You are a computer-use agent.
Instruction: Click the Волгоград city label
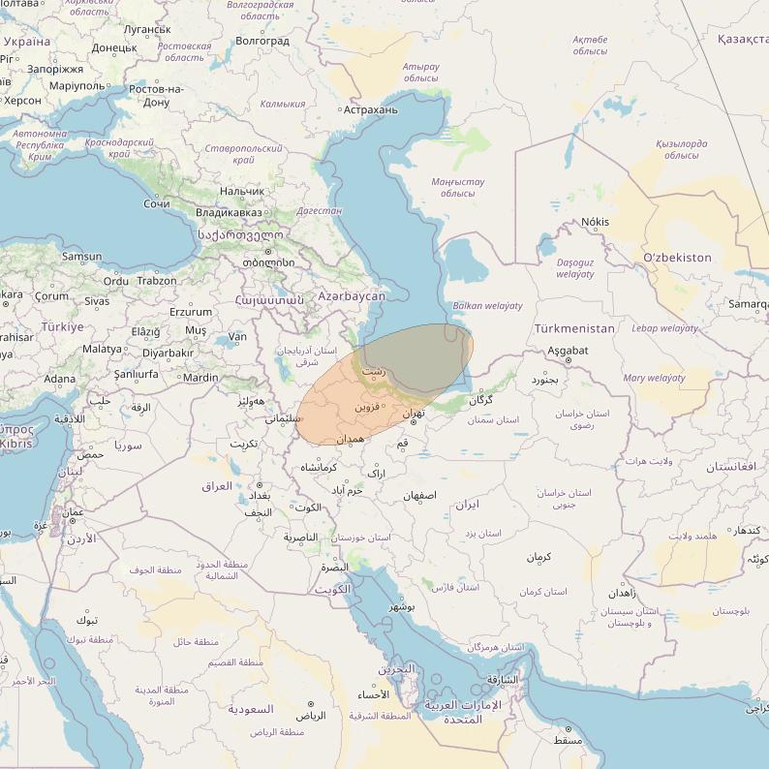261,41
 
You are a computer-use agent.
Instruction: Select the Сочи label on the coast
156,203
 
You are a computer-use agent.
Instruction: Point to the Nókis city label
595,222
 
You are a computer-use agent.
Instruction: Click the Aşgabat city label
568,350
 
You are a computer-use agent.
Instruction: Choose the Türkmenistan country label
574,328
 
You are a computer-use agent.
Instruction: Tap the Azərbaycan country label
352,295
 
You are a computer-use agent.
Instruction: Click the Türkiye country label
62,327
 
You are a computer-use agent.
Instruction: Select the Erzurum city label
191,312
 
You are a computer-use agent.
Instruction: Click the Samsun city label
81,257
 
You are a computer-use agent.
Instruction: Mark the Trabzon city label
157,281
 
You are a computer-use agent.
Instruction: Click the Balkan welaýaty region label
487,305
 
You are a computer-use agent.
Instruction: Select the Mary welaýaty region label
654,378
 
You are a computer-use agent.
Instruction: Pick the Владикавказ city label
229,212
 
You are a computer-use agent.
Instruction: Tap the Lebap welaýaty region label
664,328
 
